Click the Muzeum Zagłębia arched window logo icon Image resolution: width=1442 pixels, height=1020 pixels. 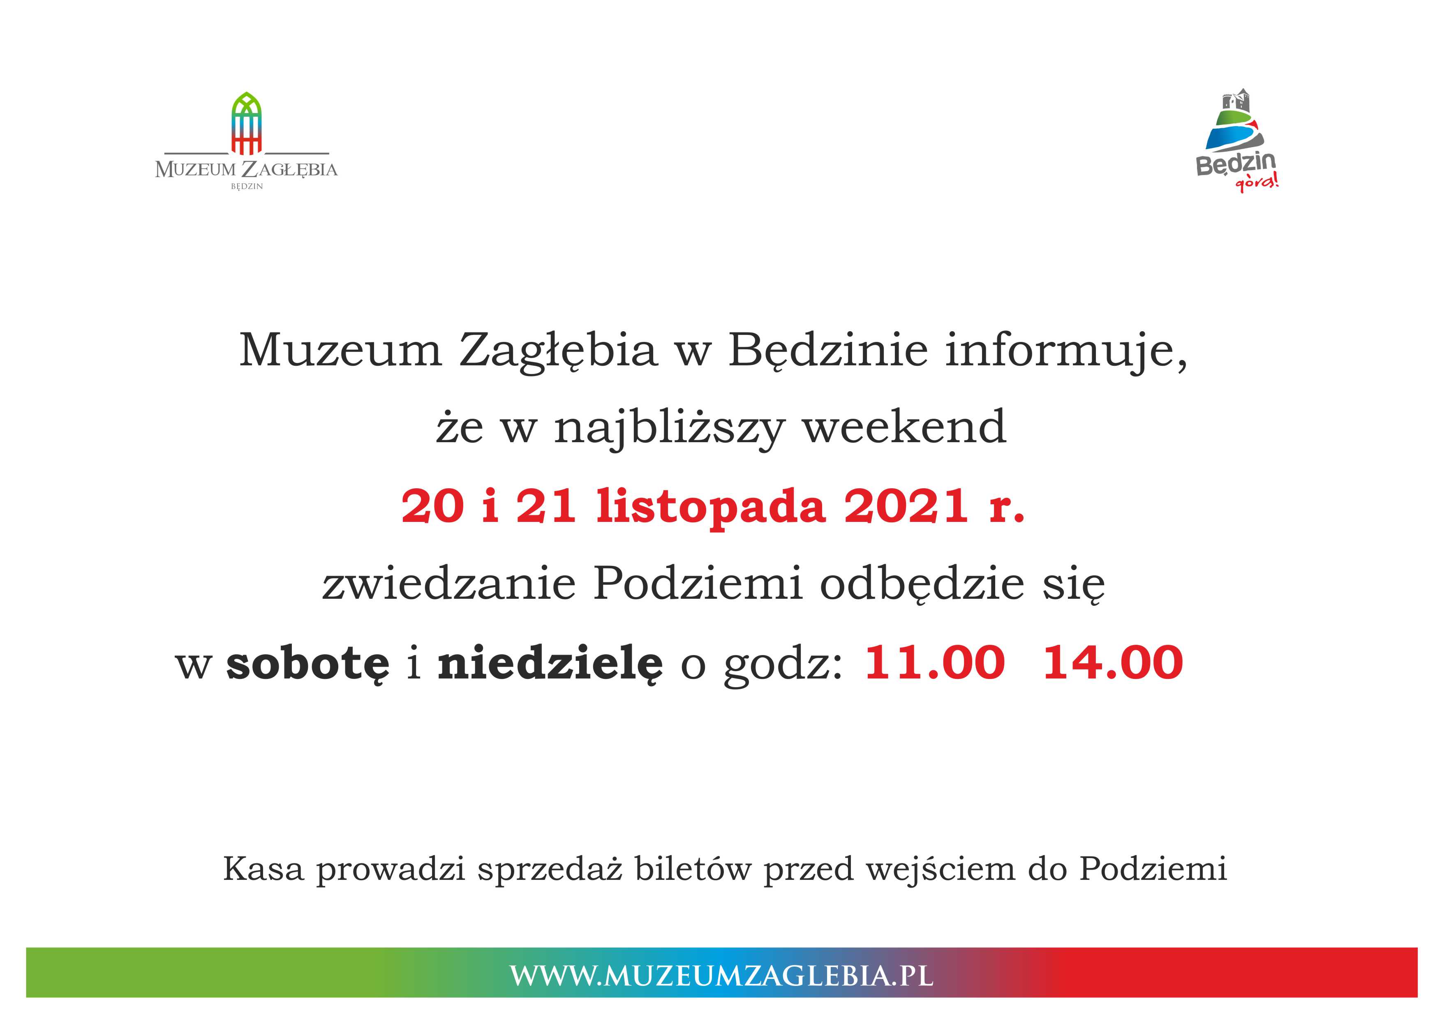click(x=247, y=123)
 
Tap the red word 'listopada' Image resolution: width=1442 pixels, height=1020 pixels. click(x=710, y=508)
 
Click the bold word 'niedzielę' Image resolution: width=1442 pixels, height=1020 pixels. click(x=550, y=664)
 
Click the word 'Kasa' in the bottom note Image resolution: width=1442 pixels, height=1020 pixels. click(x=263, y=869)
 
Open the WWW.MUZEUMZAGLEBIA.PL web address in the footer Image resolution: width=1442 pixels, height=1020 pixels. click(x=721, y=975)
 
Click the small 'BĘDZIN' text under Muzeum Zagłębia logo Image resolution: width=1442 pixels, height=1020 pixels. click(x=247, y=187)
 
